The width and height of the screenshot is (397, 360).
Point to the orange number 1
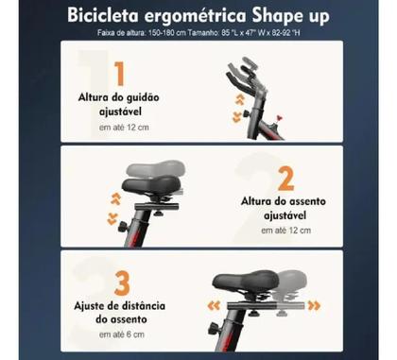coord(118,75)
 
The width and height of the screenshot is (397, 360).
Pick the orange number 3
coord(121,283)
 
